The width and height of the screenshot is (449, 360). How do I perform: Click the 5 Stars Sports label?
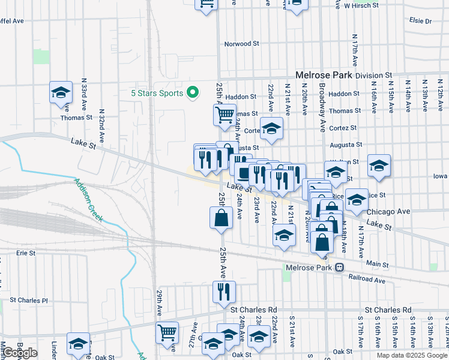[x=158, y=93]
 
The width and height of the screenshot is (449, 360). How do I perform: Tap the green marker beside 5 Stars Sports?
[x=193, y=93]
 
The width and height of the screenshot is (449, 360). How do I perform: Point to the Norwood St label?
[x=241, y=44]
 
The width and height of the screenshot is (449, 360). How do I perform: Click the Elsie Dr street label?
[x=420, y=20]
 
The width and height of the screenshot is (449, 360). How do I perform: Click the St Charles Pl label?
[x=28, y=300]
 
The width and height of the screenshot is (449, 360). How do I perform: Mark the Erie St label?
[x=26, y=253]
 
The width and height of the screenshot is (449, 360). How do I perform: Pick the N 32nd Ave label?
[x=101, y=125]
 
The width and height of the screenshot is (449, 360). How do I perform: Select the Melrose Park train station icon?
[x=340, y=268]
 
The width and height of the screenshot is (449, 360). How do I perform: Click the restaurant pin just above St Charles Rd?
[x=224, y=292]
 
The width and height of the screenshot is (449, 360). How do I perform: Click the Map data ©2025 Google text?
[x=411, y=355]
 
